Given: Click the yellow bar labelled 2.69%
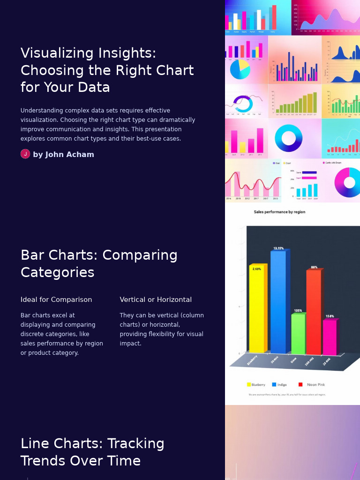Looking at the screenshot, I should (257, 309).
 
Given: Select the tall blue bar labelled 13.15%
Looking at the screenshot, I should (278, 302).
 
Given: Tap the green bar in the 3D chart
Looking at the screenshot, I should (298, 334).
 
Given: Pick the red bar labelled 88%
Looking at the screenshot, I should (313, 312).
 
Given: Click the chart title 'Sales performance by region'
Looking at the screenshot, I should (279, 212).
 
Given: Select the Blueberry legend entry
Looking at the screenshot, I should (256, 385).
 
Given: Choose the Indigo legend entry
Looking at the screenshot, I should (279, 385).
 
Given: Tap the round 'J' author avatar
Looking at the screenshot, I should (25, 154).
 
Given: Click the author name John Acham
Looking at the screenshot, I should (63, 155).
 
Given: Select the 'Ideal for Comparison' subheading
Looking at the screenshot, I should (56, 300).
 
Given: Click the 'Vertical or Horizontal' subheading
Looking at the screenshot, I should (156, 300).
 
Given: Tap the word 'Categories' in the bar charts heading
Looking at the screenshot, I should (58, 272).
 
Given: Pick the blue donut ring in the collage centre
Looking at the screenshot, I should (289, 138).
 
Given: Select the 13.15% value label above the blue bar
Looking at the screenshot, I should (278, 248).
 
